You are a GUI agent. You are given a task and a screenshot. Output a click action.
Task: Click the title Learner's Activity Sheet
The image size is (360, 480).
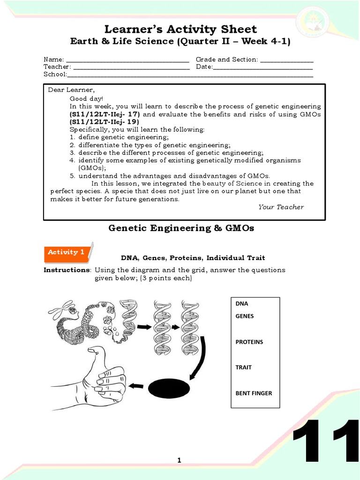click(x=180, y=29)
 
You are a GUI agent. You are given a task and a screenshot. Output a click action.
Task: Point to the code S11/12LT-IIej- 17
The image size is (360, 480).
click(x=105, y=114)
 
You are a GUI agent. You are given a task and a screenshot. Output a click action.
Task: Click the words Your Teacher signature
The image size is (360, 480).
click(x=281, y=207)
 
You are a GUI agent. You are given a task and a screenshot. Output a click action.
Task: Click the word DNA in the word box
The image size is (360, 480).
click(x=242, y=304)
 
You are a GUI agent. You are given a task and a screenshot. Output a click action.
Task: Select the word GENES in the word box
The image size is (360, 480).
click(x=244, y=316)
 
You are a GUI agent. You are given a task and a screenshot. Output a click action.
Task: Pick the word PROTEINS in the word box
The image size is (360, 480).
click(x=249, y=342)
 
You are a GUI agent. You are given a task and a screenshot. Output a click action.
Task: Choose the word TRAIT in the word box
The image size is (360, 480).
click(x=243, y=367)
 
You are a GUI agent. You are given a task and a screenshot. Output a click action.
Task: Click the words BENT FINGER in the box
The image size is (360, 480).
click(x=253, y=393)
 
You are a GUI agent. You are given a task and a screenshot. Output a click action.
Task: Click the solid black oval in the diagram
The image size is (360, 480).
click(x=169, y=388)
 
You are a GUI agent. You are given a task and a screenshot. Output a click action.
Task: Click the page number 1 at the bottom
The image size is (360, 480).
click(x=179, y=461)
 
